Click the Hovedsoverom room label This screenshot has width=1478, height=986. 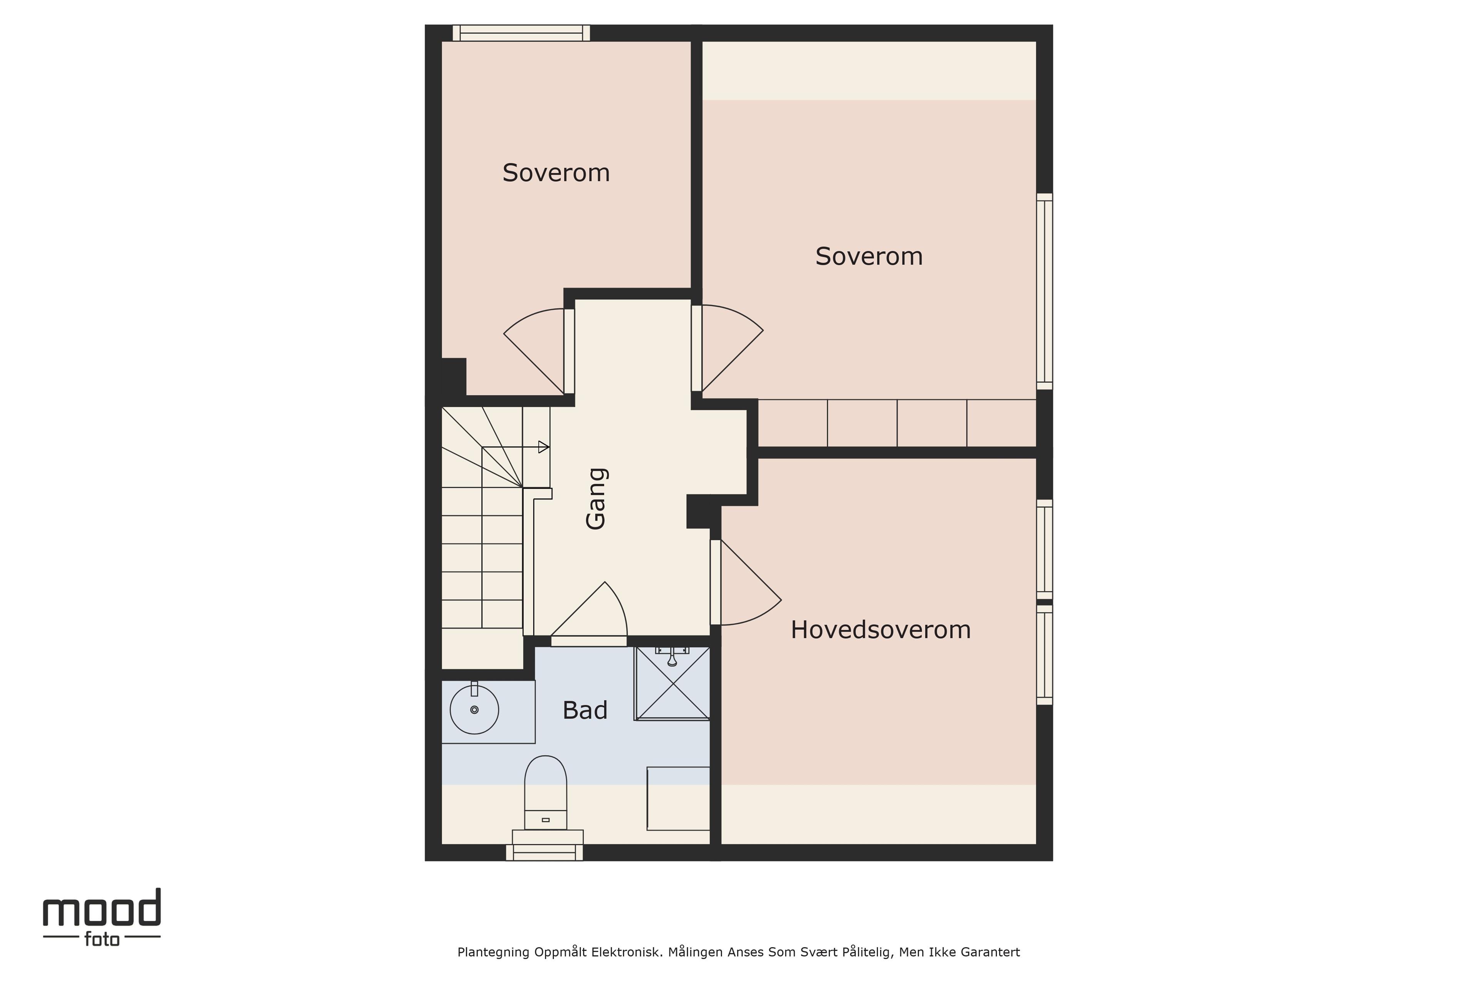pyautogui.click(x=880, y=629)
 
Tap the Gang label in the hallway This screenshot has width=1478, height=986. pyautogui.click(x=596, y=499)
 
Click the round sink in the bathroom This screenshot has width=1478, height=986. pyautogui.click(x=475, y=709)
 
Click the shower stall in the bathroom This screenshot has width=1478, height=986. pyautogui.click(x=672, y=683)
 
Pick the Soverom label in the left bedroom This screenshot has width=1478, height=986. pyautogui.click(x=556, y=173)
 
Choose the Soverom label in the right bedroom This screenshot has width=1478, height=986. pyautogui.click(x=869, y=257)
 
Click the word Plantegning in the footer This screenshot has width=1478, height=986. pyautogui.click(x=493, y=952)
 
